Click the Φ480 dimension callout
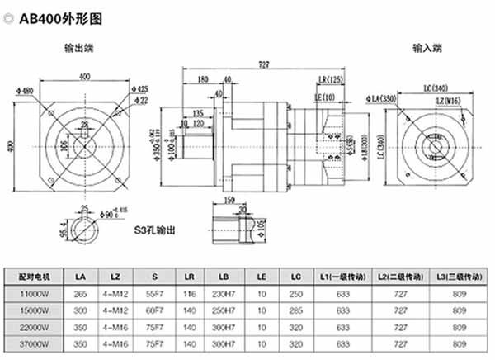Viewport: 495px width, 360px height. [x=24, y=90]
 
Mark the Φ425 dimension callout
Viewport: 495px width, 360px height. [x=140, y=88]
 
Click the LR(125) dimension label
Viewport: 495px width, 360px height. [x=329, y=79]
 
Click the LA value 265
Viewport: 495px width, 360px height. [x=79, y=291]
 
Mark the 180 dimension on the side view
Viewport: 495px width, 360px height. [x=203, y=79]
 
